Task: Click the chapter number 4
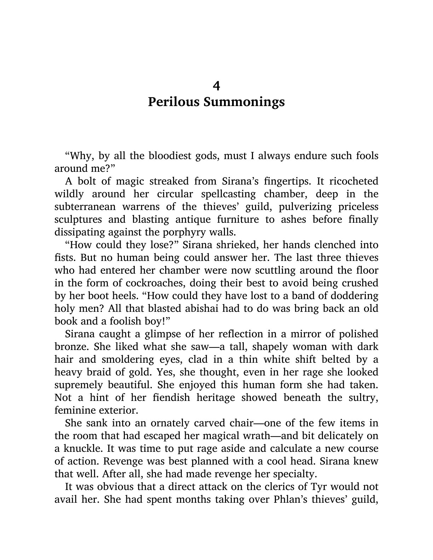click(216, 86)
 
